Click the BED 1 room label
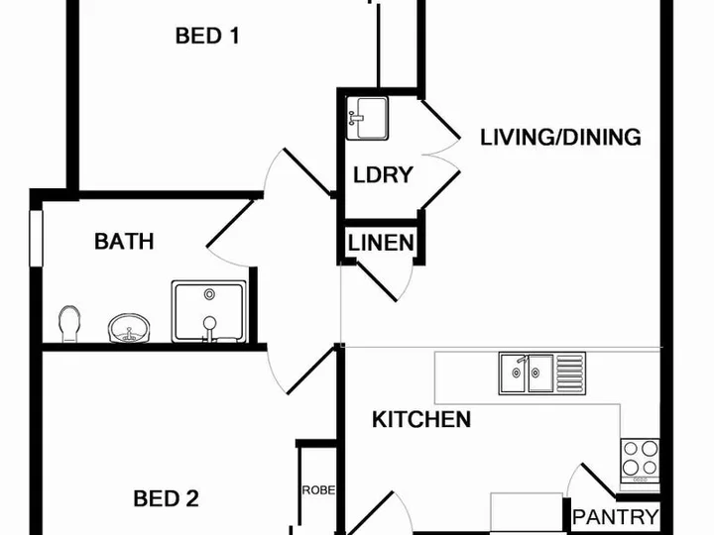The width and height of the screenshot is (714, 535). point(207,36)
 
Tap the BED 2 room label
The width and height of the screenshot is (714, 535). point(167,498)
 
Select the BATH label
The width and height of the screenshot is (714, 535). point(124,241)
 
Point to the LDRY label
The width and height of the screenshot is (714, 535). point(383,175)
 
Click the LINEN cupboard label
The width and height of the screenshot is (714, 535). point(381,243)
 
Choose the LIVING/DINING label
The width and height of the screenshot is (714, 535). point(560,138)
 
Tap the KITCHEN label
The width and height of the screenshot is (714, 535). point(421,419)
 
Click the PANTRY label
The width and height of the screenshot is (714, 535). point(615,517)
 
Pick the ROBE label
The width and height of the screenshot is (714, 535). point(318,490)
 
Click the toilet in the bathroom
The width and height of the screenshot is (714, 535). point(69,324)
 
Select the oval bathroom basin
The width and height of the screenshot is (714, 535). point(129,328)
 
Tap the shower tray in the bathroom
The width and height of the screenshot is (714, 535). point(209,312)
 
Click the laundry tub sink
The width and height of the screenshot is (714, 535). point(367,118)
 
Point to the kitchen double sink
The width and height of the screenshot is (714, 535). point(527,374)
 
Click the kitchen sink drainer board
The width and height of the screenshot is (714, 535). point(570,374)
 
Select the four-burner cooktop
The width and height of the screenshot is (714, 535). point(641,461)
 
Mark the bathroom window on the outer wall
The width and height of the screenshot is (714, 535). point(36,238)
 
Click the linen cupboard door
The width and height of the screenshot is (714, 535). point(376,281)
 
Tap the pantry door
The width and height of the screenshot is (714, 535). point(598,480)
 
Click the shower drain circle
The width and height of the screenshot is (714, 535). point(209,294)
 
